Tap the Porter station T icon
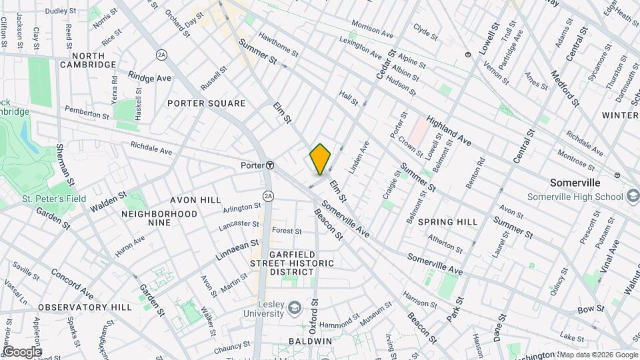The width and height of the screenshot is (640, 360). click(x=270, y=165)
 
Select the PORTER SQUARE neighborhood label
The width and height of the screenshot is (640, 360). click(x=206, y=103)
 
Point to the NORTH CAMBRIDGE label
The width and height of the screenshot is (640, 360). click(x=87, y=60)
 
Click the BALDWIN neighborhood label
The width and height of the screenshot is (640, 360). click(x=310, y=341)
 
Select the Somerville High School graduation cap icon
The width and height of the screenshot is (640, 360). click(x=632, y=196)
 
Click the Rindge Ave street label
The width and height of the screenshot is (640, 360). click(x=150, y=78)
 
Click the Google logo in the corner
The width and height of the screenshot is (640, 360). click(x=21, y=351)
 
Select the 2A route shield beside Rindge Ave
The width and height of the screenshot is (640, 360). click(x=161, y=54)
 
